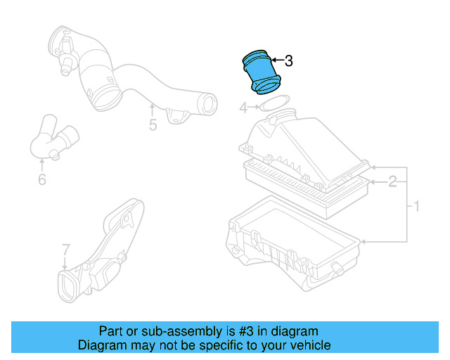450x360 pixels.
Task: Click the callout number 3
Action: point(288,61)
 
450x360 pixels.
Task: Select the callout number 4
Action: point(243,108)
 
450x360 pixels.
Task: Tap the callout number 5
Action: point(153,127)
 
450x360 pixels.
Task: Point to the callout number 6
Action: point(41,180)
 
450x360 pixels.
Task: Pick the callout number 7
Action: point(65,250)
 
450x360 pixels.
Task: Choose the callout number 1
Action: point(416,207)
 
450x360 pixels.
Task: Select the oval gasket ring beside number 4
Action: point(274,105)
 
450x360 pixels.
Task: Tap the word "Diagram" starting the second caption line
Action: point(103,345)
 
